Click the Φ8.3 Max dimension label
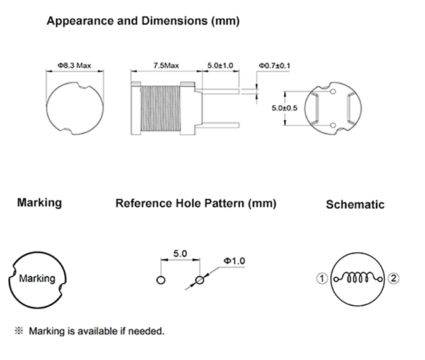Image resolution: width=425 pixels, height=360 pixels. [x=74, y=66]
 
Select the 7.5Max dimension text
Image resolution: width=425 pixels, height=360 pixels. [x=166, y=66]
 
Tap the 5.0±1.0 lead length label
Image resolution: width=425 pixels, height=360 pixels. [x=220, y=66]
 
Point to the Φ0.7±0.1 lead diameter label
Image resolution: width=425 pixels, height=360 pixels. [x=274, y=66]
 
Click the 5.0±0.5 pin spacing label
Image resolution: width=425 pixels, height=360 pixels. [x=284, y=108]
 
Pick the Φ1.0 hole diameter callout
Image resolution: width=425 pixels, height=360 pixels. [x=234, y=261]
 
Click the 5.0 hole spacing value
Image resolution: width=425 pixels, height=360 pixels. [x=180, y=253]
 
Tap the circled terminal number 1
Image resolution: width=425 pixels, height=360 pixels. [x=322, y=279]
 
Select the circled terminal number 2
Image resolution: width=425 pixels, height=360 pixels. [x=393, y=279]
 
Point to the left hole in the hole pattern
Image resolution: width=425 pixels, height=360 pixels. [x=161, y=280]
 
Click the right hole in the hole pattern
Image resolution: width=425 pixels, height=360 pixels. [x=200, y=280]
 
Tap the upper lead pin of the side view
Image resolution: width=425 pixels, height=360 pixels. [x=221, y=91]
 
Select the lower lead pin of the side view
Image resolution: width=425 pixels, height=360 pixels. [x=221, y=125]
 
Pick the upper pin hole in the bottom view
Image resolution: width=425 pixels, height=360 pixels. [x=333, y=91]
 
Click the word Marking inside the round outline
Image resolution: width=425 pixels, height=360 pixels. [x=37, y=279]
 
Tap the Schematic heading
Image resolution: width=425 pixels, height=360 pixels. [x=355, y=204]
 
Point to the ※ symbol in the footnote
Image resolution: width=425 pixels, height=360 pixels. [x=19, y=330]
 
